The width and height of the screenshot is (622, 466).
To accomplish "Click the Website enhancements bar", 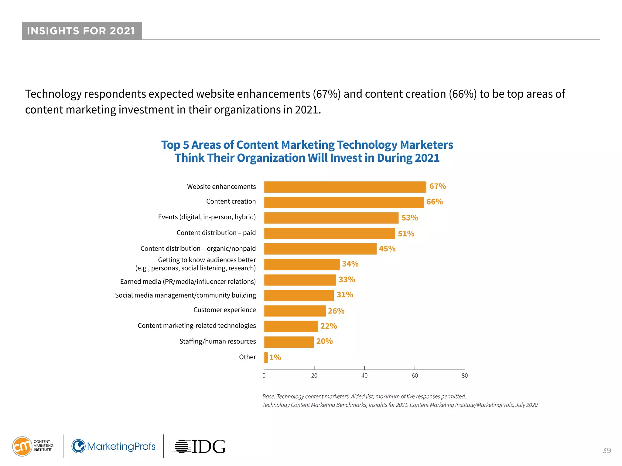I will (345, 187).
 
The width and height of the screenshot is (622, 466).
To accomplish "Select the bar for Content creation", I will (343, 202).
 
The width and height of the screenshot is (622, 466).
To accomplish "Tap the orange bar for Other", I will (266, 357).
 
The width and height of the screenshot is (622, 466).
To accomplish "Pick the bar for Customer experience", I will (295, 311).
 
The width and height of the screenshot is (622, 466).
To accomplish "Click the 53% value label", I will (409, 218).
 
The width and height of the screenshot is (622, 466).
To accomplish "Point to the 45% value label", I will (387, 249).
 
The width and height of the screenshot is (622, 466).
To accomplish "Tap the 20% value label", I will (324, 341).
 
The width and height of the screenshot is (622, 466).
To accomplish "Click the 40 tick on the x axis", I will (364, 376).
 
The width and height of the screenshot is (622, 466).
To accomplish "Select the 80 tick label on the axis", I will (464, 376).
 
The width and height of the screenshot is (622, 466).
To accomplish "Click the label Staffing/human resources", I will (217, 341).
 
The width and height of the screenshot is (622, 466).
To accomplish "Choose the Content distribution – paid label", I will (216, 233).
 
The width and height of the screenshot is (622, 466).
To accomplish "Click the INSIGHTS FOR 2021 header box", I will (82, 31).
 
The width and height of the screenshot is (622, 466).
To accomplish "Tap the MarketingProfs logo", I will (113, 446).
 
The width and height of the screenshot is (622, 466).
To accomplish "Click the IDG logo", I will (199, 447).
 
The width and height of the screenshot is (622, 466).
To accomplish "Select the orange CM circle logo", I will (22, 446).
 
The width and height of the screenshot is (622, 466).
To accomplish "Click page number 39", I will (607, 451).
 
